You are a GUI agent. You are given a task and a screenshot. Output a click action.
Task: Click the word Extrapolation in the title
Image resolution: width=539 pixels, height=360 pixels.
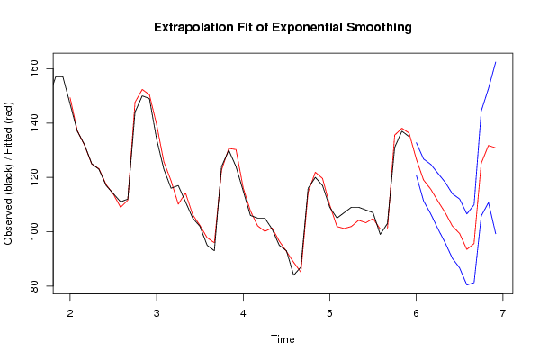click(193, 28)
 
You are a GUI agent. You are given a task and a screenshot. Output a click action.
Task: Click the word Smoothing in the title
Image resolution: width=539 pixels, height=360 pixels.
click(379, 28)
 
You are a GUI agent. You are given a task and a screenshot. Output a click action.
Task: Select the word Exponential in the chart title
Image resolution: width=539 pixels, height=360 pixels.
click(307, 28)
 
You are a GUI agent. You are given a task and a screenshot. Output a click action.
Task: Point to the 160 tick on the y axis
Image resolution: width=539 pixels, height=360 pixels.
click(35, 68)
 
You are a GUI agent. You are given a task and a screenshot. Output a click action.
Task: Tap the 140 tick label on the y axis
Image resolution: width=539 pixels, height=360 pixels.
click(35, 122)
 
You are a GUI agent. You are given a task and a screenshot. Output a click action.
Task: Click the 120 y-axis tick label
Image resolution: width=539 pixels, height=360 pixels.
click(35, 177)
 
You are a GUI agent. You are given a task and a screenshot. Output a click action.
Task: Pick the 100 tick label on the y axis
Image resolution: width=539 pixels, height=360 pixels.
click(35, 231)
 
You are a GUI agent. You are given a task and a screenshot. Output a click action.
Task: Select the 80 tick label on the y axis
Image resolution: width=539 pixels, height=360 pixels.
click(35, 285)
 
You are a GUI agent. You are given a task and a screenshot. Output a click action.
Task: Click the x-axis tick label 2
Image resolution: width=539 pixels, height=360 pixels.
click(70, 313)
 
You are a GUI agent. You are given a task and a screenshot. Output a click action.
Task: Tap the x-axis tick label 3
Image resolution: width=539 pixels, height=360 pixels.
click(157, 313)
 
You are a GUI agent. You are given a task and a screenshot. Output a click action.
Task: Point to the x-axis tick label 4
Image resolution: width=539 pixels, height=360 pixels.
click(243, 313)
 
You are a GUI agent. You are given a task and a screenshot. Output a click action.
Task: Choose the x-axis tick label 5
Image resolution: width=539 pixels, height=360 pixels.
click(329, 313)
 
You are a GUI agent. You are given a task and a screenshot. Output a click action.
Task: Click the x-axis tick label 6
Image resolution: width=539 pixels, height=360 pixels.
click(417, 313)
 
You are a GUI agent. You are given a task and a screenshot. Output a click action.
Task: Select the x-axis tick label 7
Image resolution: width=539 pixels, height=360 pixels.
click(503, 313)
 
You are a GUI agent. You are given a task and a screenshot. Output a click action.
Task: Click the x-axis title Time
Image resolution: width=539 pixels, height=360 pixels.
click(283, 339)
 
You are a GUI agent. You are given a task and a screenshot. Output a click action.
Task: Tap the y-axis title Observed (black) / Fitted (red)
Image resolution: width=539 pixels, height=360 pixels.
click(7, 174)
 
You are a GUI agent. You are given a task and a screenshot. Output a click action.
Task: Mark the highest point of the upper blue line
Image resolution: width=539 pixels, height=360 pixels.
click(495, 62)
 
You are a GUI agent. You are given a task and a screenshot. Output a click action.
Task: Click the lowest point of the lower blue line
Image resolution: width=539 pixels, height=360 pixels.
click(467, 284)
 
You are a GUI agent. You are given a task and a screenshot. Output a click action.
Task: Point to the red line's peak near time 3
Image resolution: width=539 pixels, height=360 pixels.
click(142, 89)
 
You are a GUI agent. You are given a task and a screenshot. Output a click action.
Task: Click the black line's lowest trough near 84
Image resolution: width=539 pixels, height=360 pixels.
click(293, 275)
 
